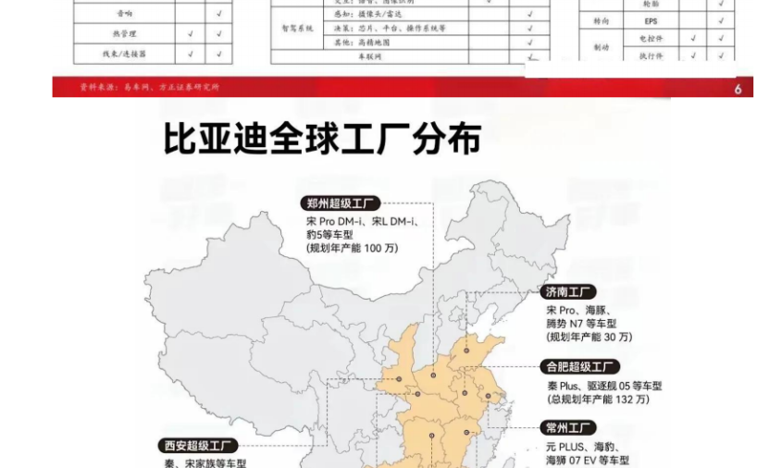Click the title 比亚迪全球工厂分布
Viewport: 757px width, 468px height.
[323, 140]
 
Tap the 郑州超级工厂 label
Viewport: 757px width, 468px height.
[341, 203]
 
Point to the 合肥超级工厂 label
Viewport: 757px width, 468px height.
[580, 367]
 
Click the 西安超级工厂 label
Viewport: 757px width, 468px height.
[198, 446]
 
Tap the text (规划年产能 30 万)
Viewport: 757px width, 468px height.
[589, 337]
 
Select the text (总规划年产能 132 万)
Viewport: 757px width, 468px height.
[598, 400]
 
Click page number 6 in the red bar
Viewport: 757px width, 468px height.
[738, 89]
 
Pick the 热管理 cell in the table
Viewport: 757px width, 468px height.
[123, 34]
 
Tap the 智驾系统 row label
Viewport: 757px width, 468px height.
[297, 29]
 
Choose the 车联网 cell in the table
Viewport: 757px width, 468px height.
[369, 56]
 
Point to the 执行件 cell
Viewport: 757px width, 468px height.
[657, 56]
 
